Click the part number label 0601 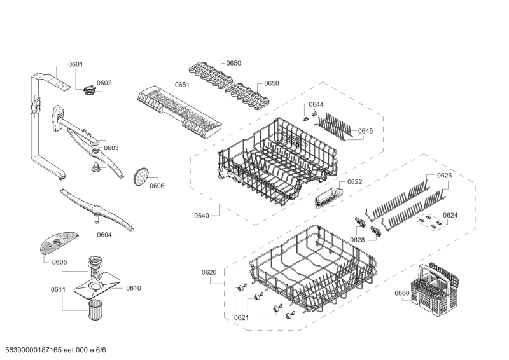(76, 64)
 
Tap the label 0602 (104, 83)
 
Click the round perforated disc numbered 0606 (141, 175)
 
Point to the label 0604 (104, 235)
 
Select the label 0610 (133, 288)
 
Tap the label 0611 (58, 289)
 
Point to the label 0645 (365, 130)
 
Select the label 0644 (316, 104)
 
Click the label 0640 (201, 216)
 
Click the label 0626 (444, 175)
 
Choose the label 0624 (450, 215)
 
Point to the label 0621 (241, 318)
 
